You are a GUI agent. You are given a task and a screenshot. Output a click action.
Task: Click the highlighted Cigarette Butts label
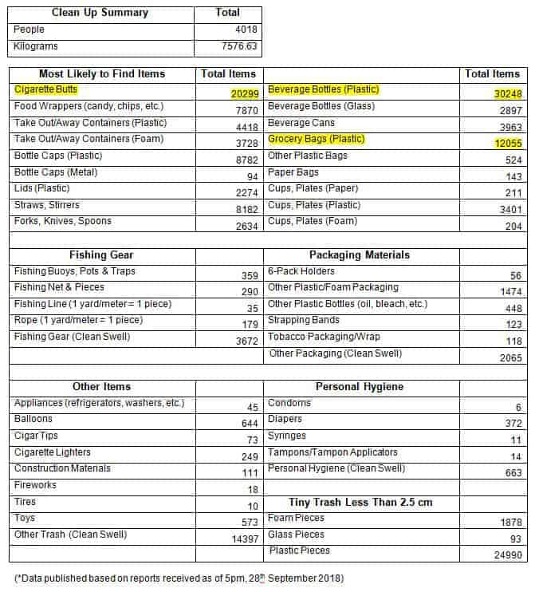pyautogui.click(x=46, y=89)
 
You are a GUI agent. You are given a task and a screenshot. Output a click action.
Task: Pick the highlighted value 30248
pyautogui.click(x=507, y=93)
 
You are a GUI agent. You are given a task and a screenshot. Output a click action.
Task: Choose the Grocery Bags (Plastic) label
pyautogui.click(x=317, y=139)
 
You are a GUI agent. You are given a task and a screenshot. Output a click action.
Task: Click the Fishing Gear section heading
pyautogui.click(x=101, y=255)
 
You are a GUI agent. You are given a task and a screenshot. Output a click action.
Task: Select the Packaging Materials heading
pyautogui.click(x=359, y=255)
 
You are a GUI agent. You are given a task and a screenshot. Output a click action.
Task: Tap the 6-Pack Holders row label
pyautogui.click(x=301, y=271)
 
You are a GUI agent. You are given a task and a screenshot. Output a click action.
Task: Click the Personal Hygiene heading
pyautogui.click(x=359, y=387)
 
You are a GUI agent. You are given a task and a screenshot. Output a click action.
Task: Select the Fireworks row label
pyautogui.click(x=35, y=485)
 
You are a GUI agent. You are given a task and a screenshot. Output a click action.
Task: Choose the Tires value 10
pyautogui.click(x=252, y=507)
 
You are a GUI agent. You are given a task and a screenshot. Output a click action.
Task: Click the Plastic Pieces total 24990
pyautogui.click(x=505, y=555)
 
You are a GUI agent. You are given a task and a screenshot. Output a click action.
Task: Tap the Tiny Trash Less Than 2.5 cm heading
pyautogui.click(x=360, y=502)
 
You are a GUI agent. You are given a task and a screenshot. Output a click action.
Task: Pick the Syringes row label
pyautogui.click(x=287, y=436)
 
